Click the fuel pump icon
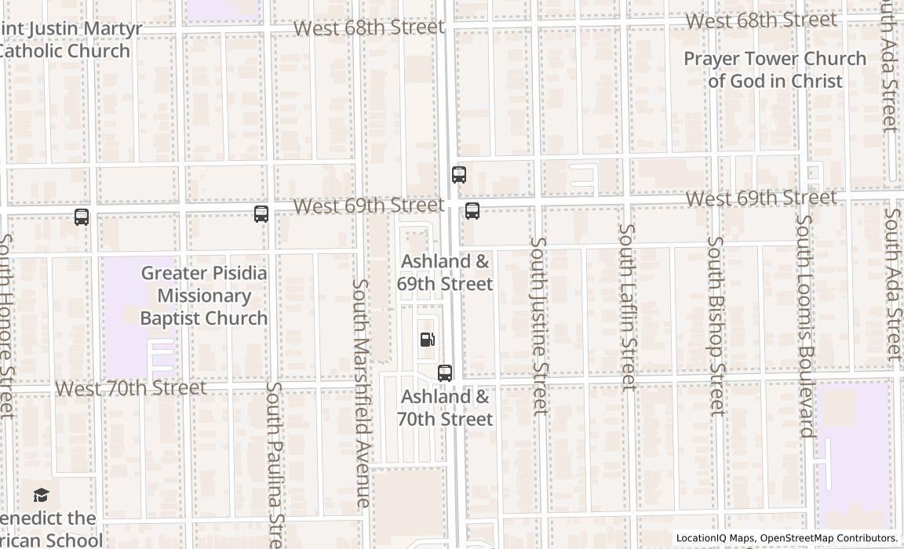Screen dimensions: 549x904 click(x=428, y=340)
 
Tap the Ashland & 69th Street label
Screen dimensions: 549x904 click(x=445, y=272)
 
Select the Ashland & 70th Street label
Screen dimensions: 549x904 click(x=445, y=408)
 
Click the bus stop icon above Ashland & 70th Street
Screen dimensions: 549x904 click(x=445, y=373)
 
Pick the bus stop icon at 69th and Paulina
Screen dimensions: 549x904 click(x=261, y=213)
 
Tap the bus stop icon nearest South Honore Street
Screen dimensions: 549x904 click(x=82, y=217)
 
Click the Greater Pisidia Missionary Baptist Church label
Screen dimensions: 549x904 click(x=204, y=296)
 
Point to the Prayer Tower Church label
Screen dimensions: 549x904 click(x=775, y=70)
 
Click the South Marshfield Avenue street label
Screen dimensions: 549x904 click(x=360, y=392)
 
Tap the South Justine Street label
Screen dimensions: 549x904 click(x=538, y=325)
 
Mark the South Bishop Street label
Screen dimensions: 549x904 click(x=715, y=325)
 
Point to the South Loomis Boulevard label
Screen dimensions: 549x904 click(x=804, y=325)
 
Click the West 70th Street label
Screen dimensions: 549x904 click(x=131, y=387)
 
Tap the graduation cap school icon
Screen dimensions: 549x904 click(x=42, y=495)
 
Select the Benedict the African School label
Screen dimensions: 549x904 click(x=51, y=529)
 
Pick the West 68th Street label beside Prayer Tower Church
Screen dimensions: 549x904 click(x=761, y=20)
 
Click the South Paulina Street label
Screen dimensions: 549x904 click(x=273, y=463)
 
